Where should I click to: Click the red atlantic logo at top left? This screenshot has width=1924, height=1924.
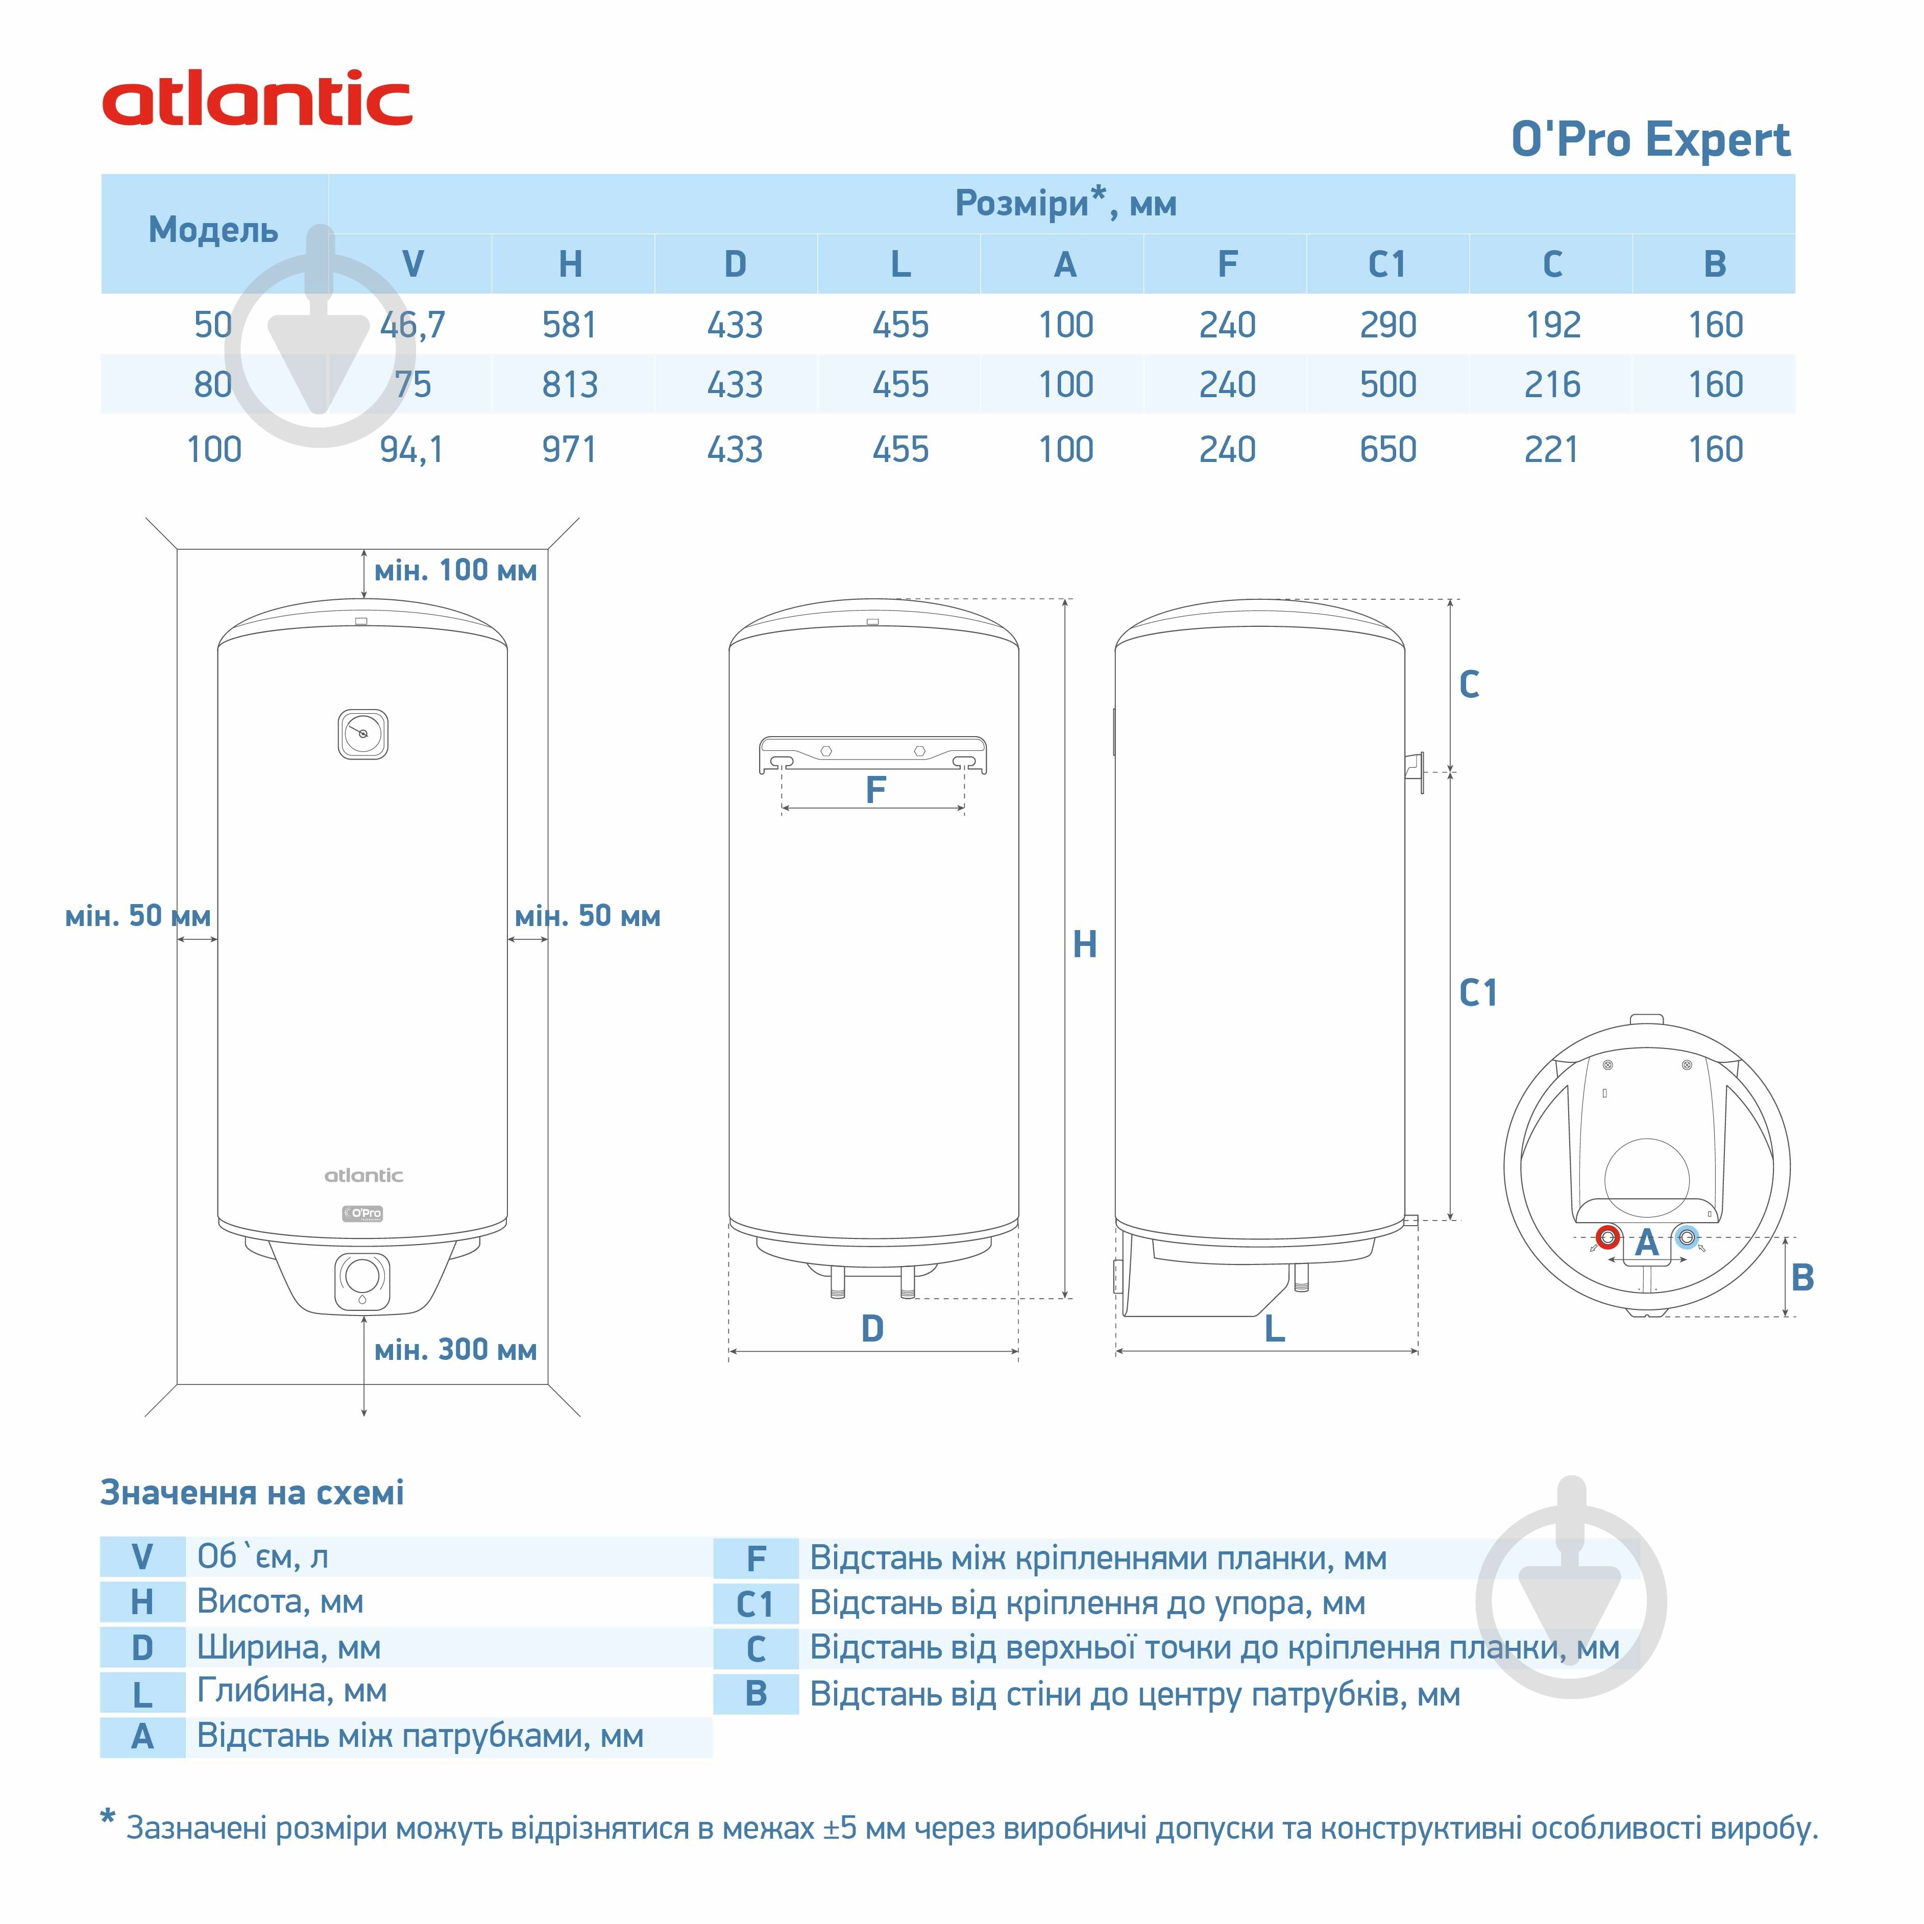(x=257, y=100)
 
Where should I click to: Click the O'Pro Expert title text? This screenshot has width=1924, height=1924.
(x=1650, y=139)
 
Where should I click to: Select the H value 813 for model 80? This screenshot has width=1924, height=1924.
(x=570, y=384)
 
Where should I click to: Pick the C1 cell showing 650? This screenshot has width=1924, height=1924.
(x=1387, y=449)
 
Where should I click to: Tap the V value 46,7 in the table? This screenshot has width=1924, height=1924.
(x=412, y=325)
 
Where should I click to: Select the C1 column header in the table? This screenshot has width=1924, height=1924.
(x=1387, y=264)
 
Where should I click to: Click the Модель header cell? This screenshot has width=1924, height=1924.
(x=213, y=230)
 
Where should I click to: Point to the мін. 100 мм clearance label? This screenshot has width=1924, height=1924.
(x=455, y=571)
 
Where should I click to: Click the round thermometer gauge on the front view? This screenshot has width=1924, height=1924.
(x=362, y=734)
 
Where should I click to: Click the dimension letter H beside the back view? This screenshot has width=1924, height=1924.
(x=1084, y=944)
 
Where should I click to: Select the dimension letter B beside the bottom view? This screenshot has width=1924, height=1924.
(x=1801, y=1278)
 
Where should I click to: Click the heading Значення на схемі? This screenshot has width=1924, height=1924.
(x=252, y=1493)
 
